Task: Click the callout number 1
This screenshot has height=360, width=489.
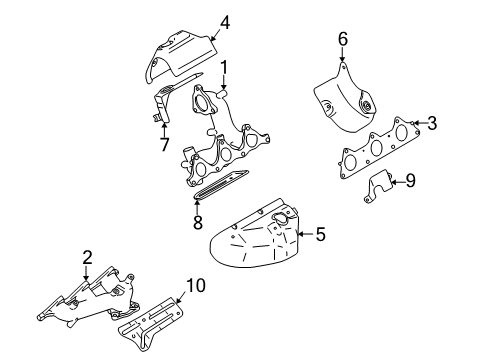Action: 224,68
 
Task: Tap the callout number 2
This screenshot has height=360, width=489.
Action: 88,259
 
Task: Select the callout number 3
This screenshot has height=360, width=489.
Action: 431,124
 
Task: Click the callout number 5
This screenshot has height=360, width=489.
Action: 321,235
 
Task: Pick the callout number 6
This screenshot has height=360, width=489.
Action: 342,39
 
